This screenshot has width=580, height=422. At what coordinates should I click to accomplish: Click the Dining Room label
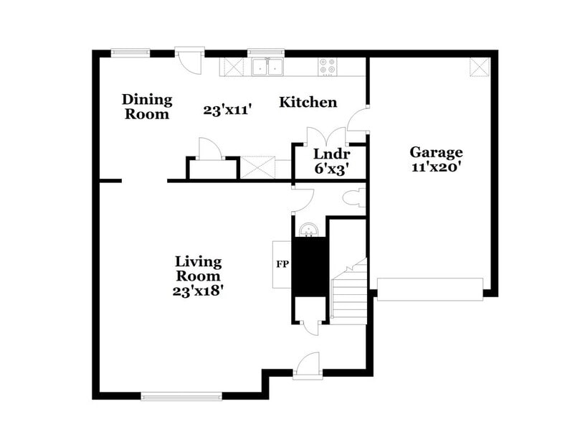pos(147,106)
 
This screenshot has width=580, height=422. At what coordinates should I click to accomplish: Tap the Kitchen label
pos(308,102)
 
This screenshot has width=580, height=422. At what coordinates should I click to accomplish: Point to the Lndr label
pos(331,154)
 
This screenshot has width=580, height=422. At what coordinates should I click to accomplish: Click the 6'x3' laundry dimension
pos(331,169)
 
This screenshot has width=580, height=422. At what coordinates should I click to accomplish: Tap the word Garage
pos(436,152)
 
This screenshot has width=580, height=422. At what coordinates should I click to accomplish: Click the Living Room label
pos(199,268)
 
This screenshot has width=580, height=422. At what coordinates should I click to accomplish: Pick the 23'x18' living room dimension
pos(199,291)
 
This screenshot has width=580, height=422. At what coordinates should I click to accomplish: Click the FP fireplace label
pos(282,263)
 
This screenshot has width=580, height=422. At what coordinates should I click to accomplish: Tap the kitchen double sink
pos(267,67)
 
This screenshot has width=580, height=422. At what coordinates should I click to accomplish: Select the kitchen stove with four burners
pos(328,67)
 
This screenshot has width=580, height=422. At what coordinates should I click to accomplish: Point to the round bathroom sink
pos(310,230)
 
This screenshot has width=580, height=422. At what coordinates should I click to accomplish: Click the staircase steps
pos(349,294)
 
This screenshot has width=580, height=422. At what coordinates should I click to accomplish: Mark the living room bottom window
pos(181,395)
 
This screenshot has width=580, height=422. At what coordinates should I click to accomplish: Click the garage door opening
pos(429,289)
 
